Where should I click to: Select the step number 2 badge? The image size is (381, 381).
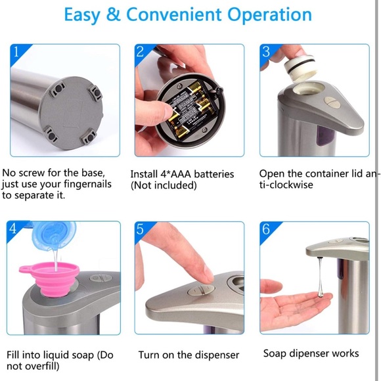coord(141,52)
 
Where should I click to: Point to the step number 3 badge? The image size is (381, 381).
coord(266,52)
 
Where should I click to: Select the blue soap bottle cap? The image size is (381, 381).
coord(55,235)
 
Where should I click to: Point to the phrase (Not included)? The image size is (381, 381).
coord(164,185)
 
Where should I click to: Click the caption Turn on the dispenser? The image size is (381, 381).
coord(189,355)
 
